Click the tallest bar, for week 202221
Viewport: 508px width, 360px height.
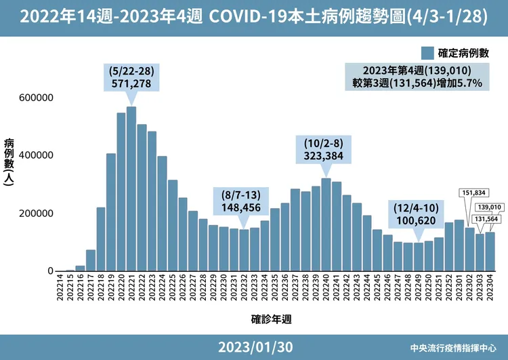point(131,190)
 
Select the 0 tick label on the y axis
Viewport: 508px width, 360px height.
point(50,271)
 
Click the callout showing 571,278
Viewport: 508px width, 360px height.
point(131,77)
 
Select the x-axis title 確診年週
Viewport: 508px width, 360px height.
point(272,317)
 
